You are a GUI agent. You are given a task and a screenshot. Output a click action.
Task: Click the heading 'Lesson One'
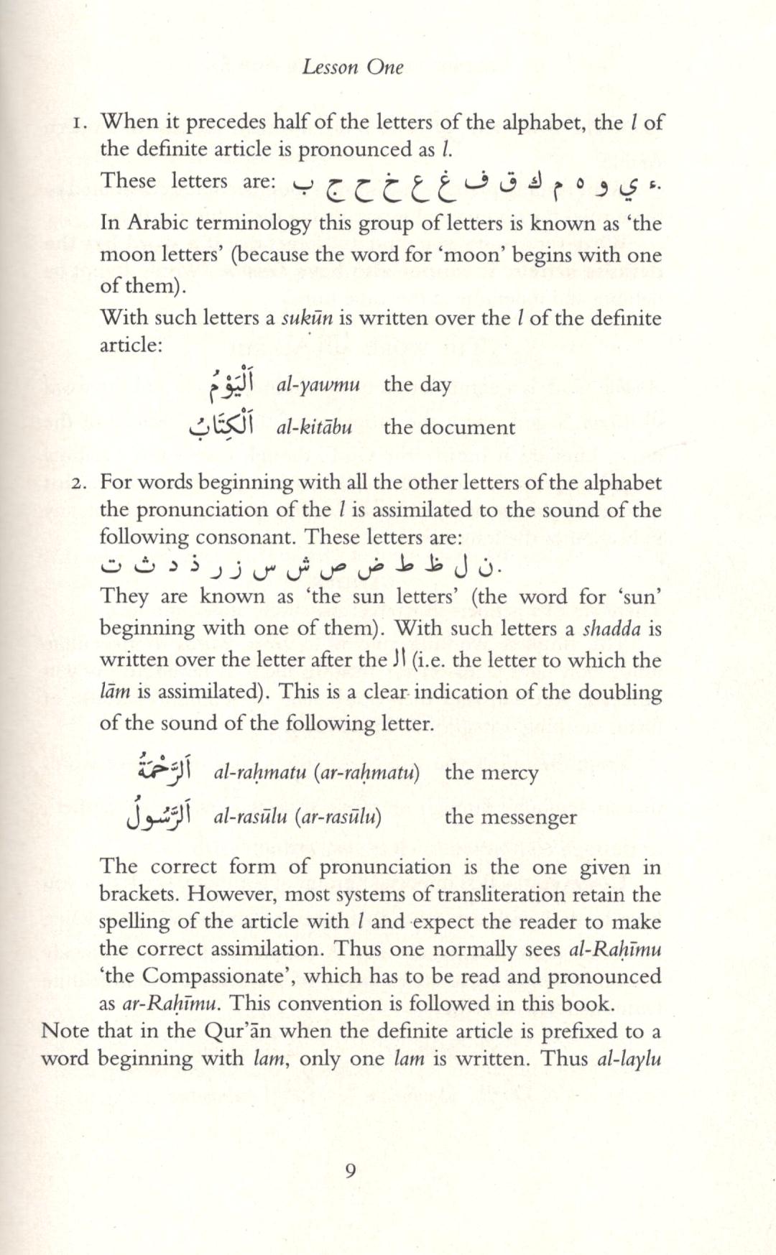[353, 68]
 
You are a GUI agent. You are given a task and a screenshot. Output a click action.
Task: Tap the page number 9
[351, 1172]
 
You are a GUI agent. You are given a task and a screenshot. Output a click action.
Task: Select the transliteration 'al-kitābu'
[315, 427]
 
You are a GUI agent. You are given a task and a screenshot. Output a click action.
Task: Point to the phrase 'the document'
[449, 427]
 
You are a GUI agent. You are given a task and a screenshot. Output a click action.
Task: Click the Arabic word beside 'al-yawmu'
[232, 385]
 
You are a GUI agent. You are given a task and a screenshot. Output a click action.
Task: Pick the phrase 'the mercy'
[491, 773]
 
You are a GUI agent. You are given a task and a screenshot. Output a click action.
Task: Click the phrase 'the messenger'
[510, 818]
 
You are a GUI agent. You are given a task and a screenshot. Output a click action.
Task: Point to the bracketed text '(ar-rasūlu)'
[338, 818]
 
